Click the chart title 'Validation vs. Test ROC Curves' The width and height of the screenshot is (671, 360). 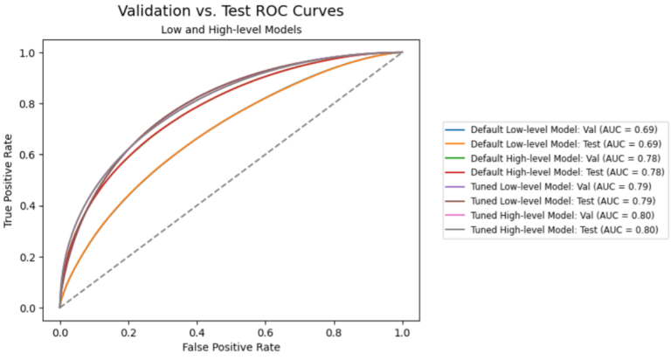tap(231, 11)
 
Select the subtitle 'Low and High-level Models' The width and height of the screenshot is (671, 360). tap(231, 31)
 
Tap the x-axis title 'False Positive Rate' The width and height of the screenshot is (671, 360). tap(231, 347)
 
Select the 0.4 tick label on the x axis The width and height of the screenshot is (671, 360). tap(197, 332)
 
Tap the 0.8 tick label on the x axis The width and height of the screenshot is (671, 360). tap(334, 332)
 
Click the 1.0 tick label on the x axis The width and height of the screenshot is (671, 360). tap(402, 332)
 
